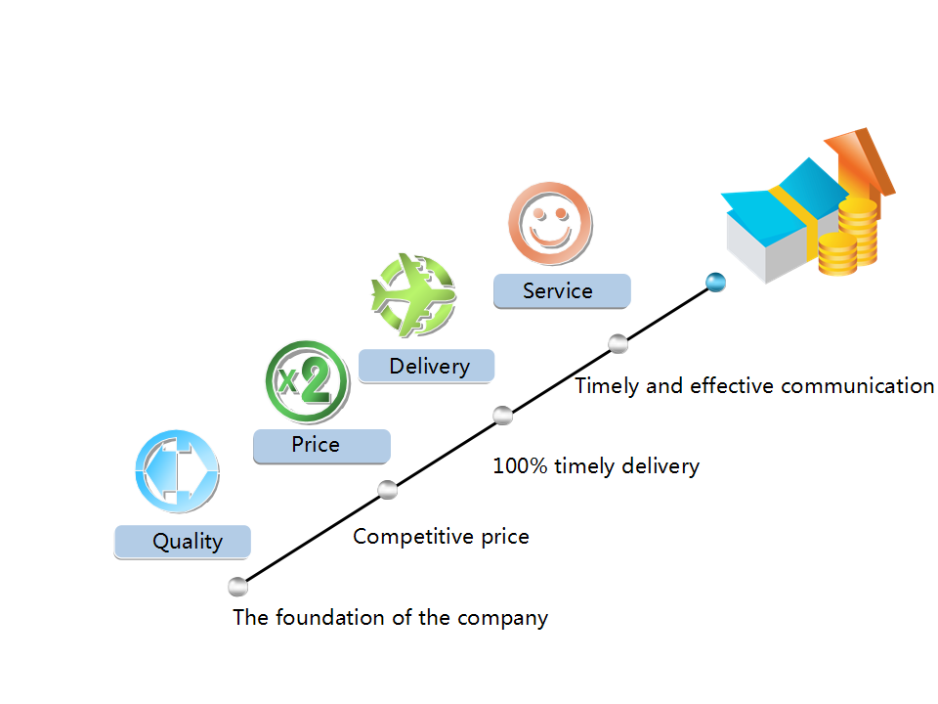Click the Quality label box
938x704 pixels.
tap(183, 542)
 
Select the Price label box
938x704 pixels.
tap(321, 446)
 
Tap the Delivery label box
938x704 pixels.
tap(427, 367)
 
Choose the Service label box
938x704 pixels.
tap(561, 291)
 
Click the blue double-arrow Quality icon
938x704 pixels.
tap(177, 470)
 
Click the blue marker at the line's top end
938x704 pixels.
tap(716, 283)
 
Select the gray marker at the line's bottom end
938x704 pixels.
tap(237, 587)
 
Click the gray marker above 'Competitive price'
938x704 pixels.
tap(388, 490)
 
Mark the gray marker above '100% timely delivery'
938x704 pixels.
tap(503, 415)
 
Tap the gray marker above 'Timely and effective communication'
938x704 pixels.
tap(618, 343)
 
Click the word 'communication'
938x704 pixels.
tap(860, 385)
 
